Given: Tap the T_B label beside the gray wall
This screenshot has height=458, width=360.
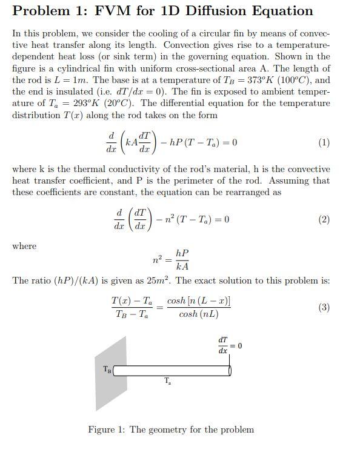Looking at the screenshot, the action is click(x=107, y=369).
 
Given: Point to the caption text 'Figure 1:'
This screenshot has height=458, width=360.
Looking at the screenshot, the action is click(x=106, y=430).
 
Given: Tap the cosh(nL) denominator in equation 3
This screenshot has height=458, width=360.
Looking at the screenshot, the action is click(x=199, y=314).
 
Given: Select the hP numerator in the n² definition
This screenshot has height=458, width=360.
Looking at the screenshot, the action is click(x=182, y=253).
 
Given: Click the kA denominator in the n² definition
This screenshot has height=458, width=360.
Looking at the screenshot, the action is click(x=182, y=267).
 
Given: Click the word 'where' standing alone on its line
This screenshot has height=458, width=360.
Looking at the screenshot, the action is click(x=24, y=246).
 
